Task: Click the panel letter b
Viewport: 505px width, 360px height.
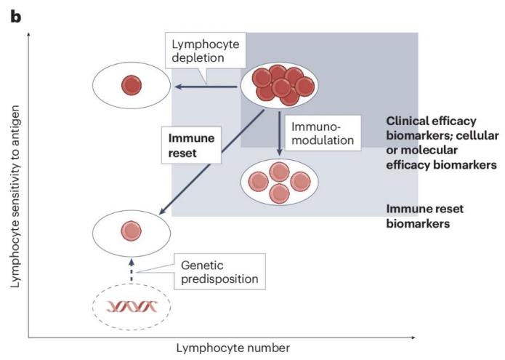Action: coord(16,17)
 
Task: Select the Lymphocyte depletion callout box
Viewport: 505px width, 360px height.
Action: coord(206,50)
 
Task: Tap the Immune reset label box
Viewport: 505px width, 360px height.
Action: coord(191,145)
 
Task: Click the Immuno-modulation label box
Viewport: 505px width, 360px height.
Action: coord(323,133)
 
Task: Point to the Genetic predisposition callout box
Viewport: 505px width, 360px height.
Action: coord(219,271)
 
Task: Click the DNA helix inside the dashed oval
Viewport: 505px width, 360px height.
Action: coord(132,306)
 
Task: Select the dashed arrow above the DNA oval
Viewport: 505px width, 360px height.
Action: coord(132,271)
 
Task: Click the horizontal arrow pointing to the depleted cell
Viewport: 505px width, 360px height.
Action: coord(206,87)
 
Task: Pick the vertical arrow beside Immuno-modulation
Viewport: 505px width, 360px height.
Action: coord(280,134)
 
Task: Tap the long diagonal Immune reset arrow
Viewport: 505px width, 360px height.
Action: coord(212,162)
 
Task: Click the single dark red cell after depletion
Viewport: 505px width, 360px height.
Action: coord(132,85)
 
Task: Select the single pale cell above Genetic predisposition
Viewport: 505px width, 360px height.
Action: coord(132,231)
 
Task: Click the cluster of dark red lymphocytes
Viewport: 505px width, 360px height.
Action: coord(280,85)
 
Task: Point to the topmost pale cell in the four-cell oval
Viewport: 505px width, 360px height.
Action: coord(279,172)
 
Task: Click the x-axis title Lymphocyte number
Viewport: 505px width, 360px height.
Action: coord(233,348)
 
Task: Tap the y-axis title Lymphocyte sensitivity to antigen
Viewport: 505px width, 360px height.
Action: coord(15,196)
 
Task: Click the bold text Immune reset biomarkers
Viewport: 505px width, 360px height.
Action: coord(425,216)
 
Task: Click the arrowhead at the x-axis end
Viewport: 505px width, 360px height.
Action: coord(413,337)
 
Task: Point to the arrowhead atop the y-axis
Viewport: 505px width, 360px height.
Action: coord(28,34)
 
